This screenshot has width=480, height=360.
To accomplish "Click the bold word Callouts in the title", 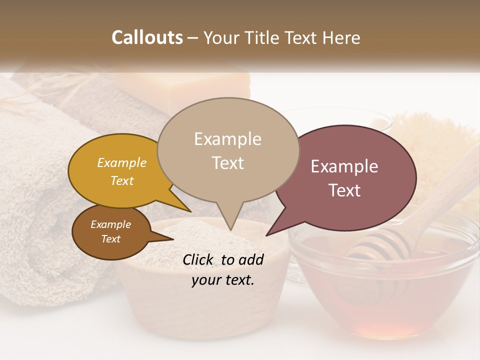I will tap(147, 37).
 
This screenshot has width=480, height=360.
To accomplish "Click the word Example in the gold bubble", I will tap(121, 163).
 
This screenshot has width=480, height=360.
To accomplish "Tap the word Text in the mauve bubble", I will tap(345, 190).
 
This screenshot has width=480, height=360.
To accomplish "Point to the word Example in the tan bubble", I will tap(227, 139).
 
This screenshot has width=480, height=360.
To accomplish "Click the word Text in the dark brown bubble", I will tap(110, 239).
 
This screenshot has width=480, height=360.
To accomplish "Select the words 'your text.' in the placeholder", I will tap(223, 280).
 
